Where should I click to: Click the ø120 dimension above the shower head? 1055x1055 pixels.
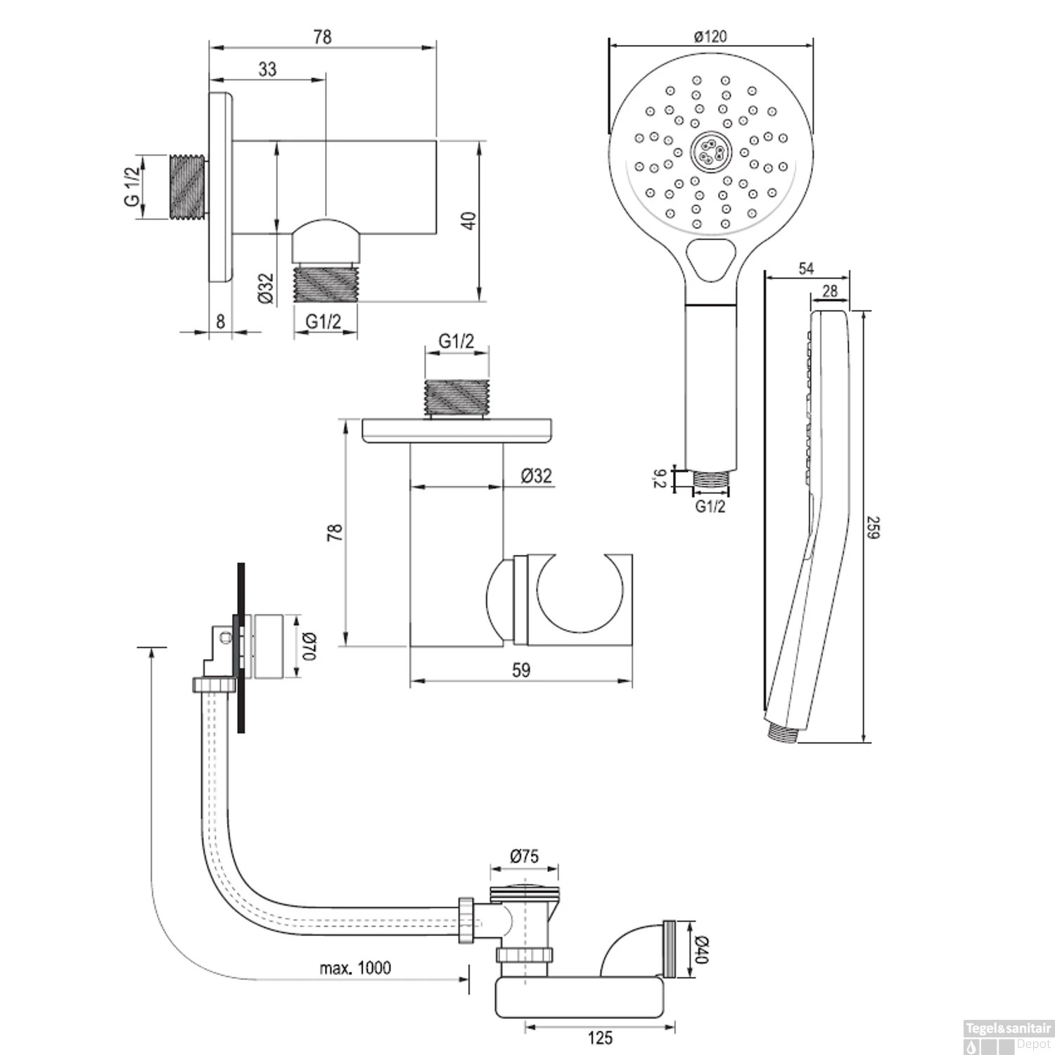pos(710,35)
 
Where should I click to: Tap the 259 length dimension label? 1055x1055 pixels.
pos(873,527)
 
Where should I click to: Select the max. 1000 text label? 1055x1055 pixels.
pos(355,968)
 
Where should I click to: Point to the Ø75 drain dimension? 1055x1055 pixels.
pos(524,855)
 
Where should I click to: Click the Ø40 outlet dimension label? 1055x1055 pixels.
pos(701,949)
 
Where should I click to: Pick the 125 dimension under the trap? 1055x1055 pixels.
pos(600,1037)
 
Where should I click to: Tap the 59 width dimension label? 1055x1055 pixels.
pos(520,670)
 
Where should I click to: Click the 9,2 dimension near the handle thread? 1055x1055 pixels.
pos(659,479)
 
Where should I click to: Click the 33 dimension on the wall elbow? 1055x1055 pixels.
pos(267,69)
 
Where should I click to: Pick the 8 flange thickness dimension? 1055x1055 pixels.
pos(220,321)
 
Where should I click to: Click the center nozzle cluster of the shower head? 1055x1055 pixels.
pos(710,150)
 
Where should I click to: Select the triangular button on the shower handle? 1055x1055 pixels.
pos(710,257)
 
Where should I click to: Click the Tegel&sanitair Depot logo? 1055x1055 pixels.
pos(1006,1037)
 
